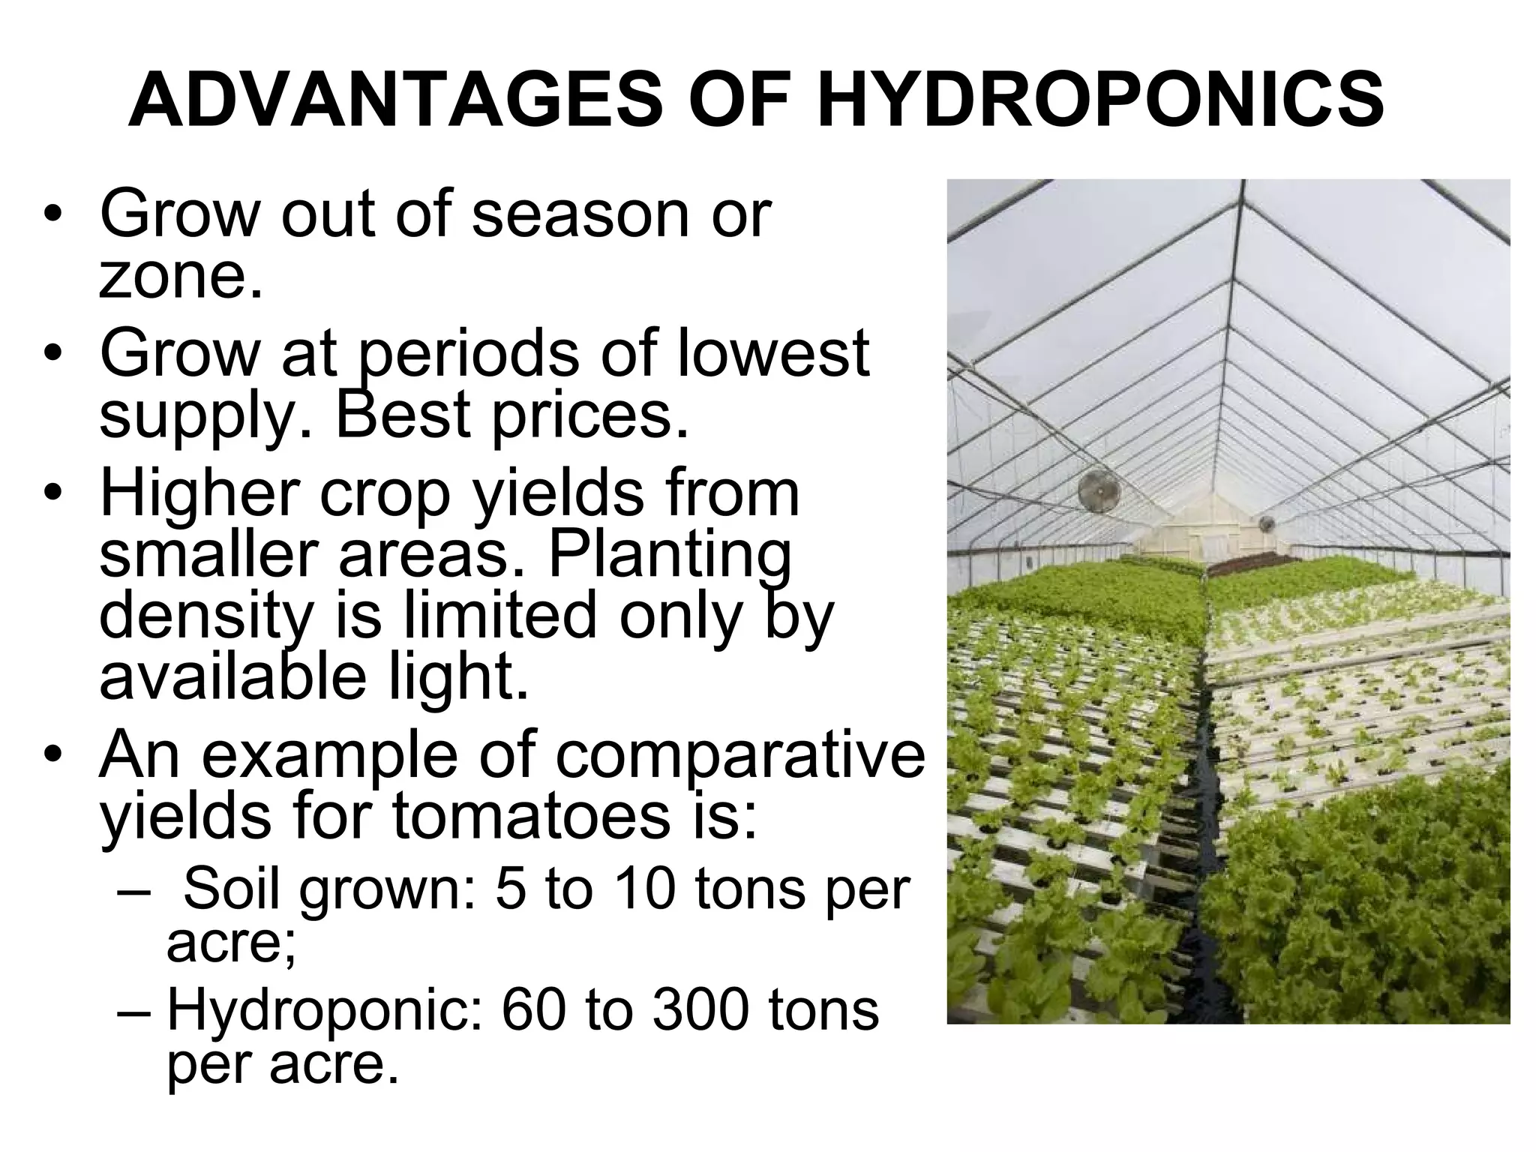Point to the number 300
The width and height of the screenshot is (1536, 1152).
(700, 1010)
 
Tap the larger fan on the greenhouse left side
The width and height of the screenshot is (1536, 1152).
(1099, 492)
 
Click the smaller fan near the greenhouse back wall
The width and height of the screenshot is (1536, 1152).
(1267, 523)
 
